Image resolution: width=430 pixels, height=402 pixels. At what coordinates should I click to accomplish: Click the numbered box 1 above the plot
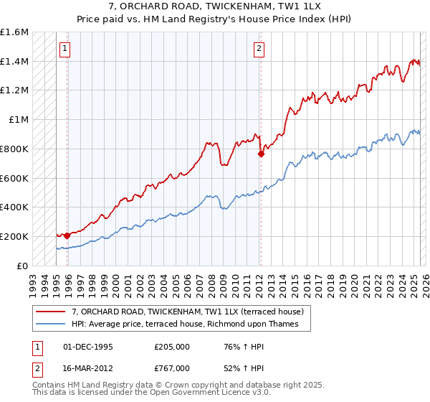coord(65,49)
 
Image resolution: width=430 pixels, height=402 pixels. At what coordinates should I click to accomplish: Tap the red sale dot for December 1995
coord(67,235)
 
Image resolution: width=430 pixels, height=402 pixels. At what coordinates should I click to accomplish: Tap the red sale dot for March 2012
coord(260,153)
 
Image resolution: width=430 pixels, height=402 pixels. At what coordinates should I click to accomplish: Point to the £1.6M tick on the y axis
coord(14,32)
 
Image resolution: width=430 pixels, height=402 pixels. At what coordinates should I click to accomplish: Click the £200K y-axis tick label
coord(14,236)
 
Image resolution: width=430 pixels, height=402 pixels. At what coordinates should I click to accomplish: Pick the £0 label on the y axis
coord(23,266)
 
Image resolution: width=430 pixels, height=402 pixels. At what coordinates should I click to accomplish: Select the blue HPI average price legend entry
coord(190,324)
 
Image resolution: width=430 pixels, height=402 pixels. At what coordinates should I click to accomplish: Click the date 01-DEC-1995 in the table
coord(88,347)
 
